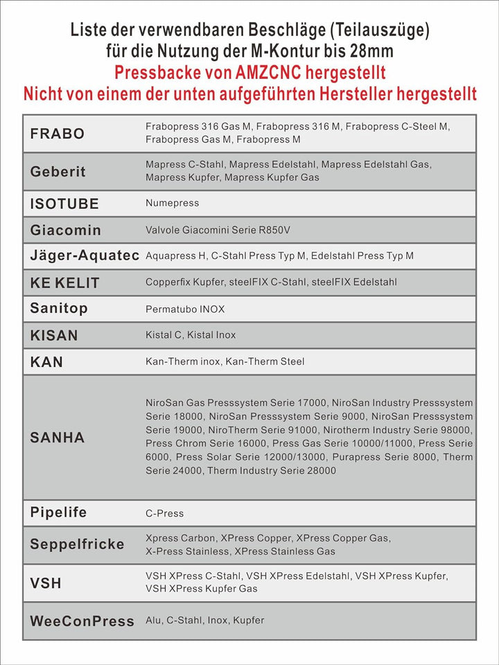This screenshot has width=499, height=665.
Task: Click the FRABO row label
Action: tap(58, 134)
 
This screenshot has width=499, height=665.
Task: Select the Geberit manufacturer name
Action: tap(58, 172)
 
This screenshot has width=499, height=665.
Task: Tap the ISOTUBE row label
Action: tap(64, 204)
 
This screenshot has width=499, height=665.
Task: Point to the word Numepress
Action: tap(172, 203)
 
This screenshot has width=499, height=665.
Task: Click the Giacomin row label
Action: tap(66, 230)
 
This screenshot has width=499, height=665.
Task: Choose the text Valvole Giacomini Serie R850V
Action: tap(211, 229)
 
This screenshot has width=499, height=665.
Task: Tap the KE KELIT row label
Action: tap(64, 283)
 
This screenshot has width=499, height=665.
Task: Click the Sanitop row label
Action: tap(59, 308)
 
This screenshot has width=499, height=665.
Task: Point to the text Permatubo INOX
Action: tap(185, 309)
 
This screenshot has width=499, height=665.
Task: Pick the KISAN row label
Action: tap(54, 335)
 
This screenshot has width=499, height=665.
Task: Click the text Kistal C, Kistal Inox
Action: tap(191, 335)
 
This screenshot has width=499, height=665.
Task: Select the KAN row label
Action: tap(46, 362)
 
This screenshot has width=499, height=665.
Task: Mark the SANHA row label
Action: tap(58, 437)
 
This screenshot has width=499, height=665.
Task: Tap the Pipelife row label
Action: tap(58, 513)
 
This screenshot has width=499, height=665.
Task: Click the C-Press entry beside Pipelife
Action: tap(165, 513)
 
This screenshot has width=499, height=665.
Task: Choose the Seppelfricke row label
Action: tap(77, 544)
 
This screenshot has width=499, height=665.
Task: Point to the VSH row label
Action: tap(46, 583)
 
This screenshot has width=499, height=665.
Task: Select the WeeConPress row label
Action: tap(82, 621)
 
